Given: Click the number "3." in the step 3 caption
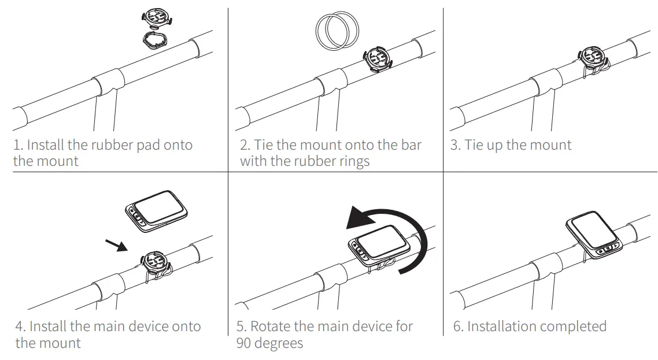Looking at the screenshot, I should point(456,145).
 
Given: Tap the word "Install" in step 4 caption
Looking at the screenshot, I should point(50,326).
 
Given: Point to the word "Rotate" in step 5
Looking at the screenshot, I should point(270,326).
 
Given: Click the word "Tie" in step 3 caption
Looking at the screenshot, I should point(474,145).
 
